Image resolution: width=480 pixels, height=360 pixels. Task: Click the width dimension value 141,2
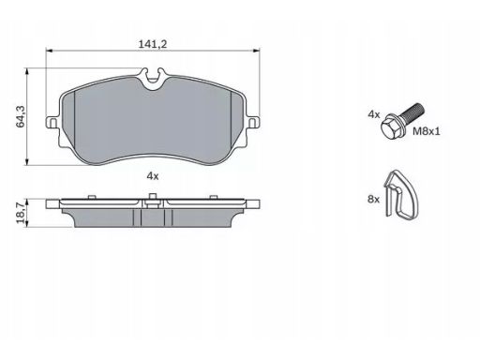click(153, 44)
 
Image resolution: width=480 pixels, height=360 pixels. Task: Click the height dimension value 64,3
click(21, 116)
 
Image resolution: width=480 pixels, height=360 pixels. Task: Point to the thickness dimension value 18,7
click(21, 213)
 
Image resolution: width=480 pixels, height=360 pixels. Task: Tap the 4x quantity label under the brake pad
click(153, 176)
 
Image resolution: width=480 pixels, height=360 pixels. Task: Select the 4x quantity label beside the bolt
click(374, 114)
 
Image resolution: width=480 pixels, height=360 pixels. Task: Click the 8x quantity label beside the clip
click(373, 199)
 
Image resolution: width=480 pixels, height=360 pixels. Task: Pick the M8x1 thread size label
click(427, 131)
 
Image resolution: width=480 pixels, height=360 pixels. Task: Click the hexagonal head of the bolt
click(392, 127)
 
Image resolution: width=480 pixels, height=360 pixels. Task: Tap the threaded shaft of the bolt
click(412, 112)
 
